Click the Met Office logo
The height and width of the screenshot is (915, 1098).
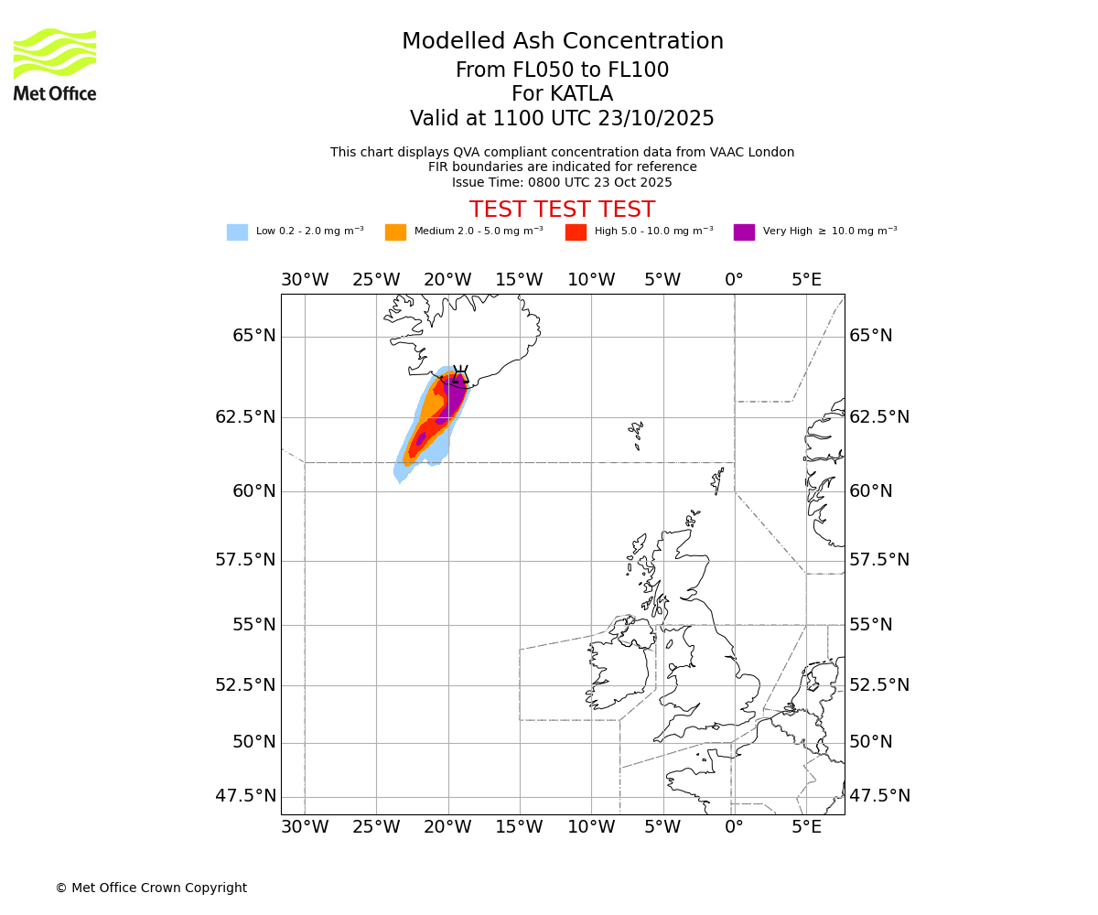pos(55,64)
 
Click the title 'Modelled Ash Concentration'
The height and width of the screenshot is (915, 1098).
pos(563,42)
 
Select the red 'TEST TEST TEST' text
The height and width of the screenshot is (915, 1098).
pos(562,210)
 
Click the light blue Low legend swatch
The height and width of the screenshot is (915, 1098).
pos(237,232)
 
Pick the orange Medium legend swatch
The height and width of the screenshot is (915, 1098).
pos(395,232)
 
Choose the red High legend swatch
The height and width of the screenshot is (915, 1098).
pos(576,232)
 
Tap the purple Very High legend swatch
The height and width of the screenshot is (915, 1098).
pos(744,232)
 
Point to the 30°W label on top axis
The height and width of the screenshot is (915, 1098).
pos(305,279)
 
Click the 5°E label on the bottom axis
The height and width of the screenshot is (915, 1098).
pos(806,828)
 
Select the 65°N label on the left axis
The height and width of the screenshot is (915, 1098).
pos(253,336)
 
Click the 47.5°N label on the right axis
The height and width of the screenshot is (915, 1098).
pos(879,796)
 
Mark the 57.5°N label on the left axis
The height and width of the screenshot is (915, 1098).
pos(245,560)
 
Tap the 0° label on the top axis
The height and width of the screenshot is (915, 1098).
pos(734,279)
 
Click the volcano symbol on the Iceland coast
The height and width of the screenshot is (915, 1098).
pos(460,375)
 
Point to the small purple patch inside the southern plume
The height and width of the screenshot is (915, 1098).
pos(421,439)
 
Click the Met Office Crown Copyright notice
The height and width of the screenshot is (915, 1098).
pos(151,888)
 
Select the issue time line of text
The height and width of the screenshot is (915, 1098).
pos(562,182)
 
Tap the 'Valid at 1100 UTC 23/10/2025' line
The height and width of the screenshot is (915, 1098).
pos(562,119)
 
